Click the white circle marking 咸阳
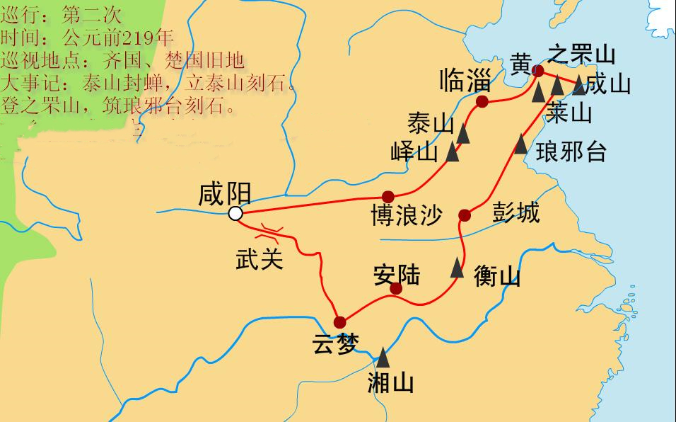[x=235, y=214]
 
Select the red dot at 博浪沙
[x=387, y=196]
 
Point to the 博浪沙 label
[x=405, y=215]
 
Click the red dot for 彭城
[x=465, y=215]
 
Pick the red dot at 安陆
[x=396, y=288]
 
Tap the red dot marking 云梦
[x=340, y=320]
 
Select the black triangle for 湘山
[x=383, y=356]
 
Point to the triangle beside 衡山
[x=458, y=268]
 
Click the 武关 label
[x=259, y=259]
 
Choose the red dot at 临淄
[x=482, y=102]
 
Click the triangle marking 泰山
[x=464, y=132]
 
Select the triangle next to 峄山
[x=453, y=152]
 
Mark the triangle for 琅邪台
[x=520, y=145]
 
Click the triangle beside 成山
[x=579, y=85]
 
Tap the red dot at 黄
[x=538, y=71]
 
